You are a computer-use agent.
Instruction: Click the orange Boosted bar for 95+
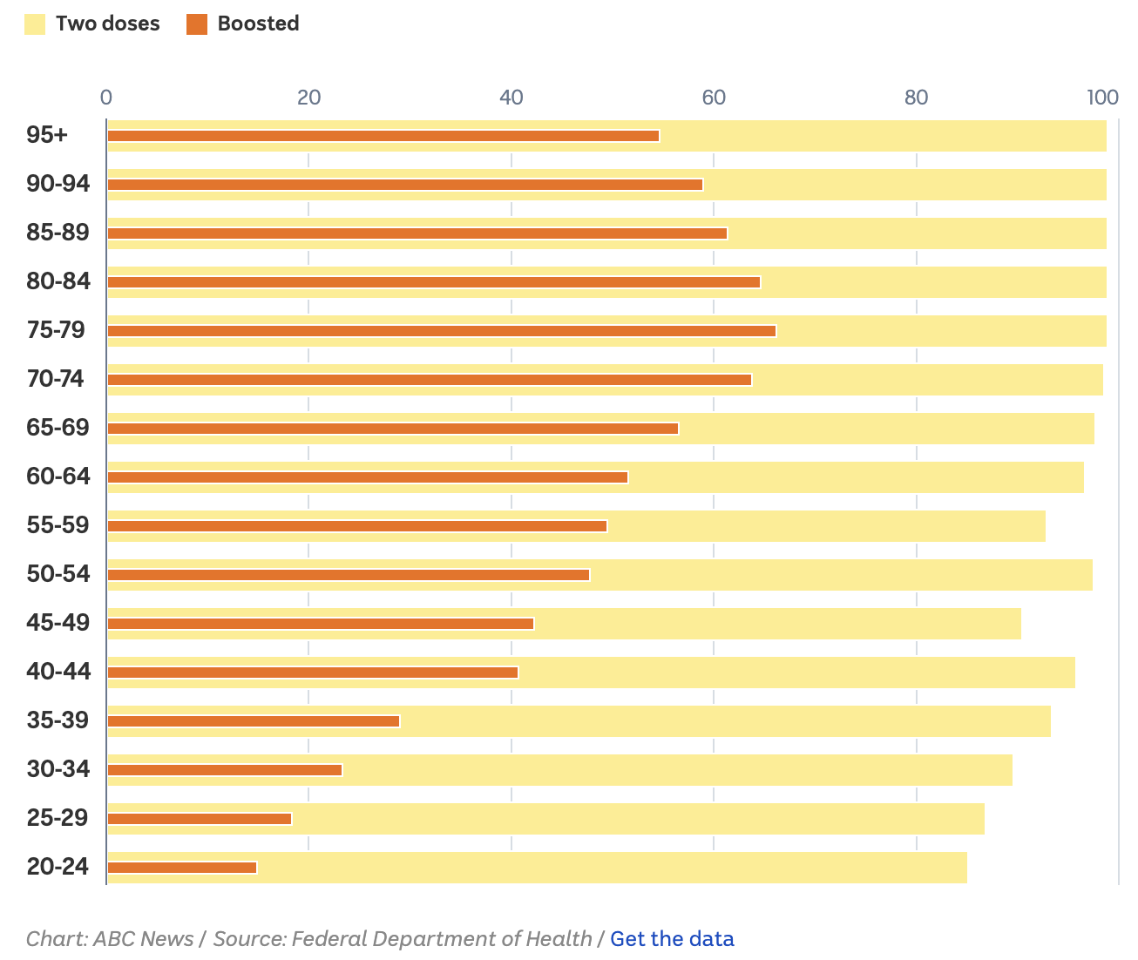383,136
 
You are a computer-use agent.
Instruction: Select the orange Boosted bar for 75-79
442,331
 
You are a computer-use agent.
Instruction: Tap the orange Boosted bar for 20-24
182,868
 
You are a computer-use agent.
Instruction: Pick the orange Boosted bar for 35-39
254,721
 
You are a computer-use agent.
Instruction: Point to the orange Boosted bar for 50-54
349,575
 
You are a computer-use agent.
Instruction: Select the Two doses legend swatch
35,24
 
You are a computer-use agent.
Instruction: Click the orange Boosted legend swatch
197,24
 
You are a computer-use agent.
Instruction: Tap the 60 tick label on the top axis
714,97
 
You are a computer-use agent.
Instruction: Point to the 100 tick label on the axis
1102,97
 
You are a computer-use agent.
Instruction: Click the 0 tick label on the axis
106,97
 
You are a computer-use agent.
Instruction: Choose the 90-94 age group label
58,184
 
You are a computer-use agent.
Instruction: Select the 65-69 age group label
58,428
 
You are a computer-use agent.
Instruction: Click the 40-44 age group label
58,672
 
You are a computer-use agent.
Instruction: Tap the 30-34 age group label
58,769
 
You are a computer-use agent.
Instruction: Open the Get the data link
672,939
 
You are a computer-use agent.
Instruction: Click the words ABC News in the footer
143,939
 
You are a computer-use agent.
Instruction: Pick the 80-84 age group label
58,281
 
